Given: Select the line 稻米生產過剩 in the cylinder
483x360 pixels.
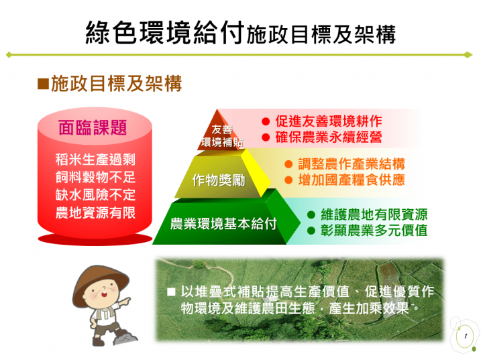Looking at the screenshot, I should pyautogui.click(x=95, y=160).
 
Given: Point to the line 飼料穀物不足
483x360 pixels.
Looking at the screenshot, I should pyautogui.click(x=95, y=178).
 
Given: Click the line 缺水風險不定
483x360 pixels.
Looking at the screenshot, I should pyautogui.click(x=95, y=196).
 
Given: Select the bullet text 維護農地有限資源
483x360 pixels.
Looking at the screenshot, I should pyautogui.click(x=374, y=215).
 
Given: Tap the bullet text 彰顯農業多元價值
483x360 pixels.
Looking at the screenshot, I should pyautogui.click(x=374, y=231).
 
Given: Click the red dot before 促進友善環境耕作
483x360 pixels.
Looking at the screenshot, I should pyautogui.click(x=265, y=122).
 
